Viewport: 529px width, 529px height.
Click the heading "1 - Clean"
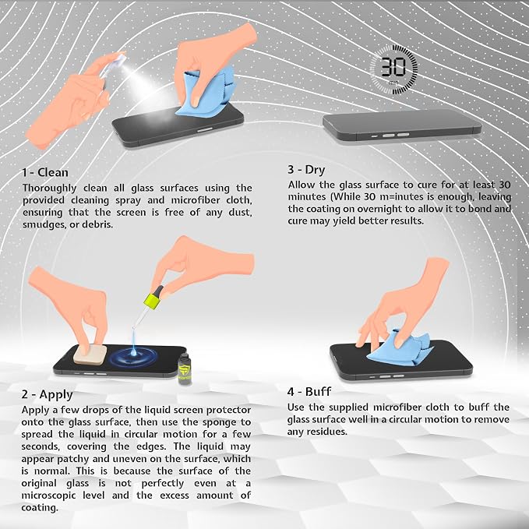pos(45,172)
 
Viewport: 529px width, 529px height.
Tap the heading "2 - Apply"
pos(48,394)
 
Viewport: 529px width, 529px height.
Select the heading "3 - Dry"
pos(306,169)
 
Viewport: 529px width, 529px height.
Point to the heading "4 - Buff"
pos(309,392)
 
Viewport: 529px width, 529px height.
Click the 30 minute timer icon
pos(393,70)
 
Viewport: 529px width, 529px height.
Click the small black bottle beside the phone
pos(184,369)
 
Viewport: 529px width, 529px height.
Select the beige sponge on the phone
pos(90,354)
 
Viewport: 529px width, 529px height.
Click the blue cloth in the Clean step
pos(207,93)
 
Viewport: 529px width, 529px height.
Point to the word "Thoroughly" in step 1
pos(50,189)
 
